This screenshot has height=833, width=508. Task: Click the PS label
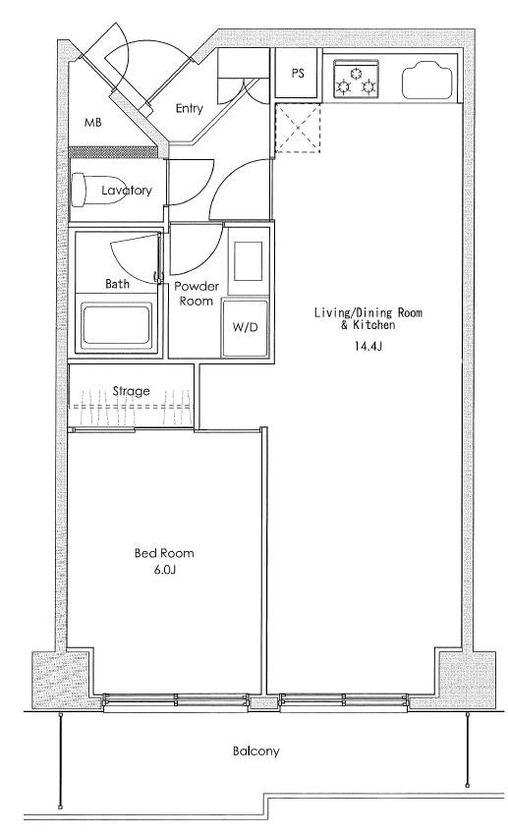tap(298, 73)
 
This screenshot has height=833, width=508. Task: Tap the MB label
tap(93, 123)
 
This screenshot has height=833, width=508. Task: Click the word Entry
tap(190, 108)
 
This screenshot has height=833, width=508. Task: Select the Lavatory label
tap(127, 191)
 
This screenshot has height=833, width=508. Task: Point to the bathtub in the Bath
tap(117, 325)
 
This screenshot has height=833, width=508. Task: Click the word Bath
tap(117, 284)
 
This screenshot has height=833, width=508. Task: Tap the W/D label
tap(245, 327)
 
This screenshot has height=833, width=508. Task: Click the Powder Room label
tap(197, 294)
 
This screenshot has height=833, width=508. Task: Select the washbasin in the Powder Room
tap(249, 261)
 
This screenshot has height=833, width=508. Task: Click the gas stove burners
tap(356, 80)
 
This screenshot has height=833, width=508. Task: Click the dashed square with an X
tap(298, 128)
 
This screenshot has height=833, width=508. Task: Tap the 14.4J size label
tap(368, 347)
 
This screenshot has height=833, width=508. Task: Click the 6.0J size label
tap(164, 570)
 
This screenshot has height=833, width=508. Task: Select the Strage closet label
tap(131, 392)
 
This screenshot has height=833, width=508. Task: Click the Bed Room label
tap(164, 553)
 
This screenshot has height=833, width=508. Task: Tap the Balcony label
tap(255, 751)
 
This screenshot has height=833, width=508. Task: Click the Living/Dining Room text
tap(368, 312)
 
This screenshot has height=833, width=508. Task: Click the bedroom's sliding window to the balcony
tap(176, 700)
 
